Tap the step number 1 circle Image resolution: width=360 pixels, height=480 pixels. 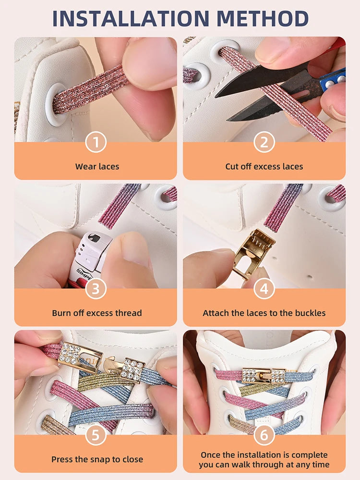pyautogui.click(x=96, y=142)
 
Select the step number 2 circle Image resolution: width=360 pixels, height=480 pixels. pyautogui.click(x=264, y=142)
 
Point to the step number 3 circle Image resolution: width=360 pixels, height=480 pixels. pyautogui.click(x=96, y=289)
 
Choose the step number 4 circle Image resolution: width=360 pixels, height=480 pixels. pyautogui.click(x=264, y=289)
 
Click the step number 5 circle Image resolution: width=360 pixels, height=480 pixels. pyautogui.click(x=96, y=435)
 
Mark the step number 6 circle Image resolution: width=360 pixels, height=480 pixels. pyautogui.click(x=264, y=435)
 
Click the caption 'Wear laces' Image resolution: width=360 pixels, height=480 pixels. pyautogui.click(x=97, y=167)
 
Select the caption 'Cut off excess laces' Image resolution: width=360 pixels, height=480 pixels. pyautogui.click(x=264, y=167)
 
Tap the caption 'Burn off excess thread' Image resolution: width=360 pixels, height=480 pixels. pyautogui.click(x=97, y=313)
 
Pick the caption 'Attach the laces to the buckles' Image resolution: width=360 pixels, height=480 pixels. pyautogui.click(x=264, y=313)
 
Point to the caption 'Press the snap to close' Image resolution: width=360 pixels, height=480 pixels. pyautogui.click(x=97, y=460)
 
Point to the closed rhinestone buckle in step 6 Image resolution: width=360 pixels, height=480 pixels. pyautogui.click(x=264, y=375)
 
